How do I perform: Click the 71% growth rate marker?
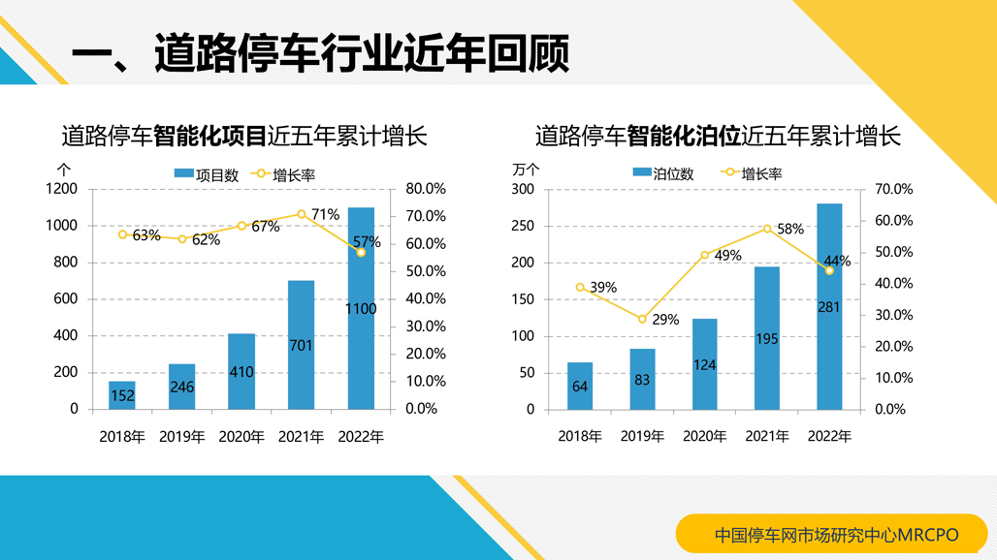pyautogui.click(x=302, y=214)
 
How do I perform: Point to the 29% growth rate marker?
pyautogui.click(x=642, y=319)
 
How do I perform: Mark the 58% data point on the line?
pyautogui.click(x=767, y=229)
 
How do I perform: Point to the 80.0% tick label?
pyautogui.click(x=425, y=189)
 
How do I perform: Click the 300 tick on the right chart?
pyautogui.click(x=523, y=189)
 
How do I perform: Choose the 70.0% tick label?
pyautogui.click(x=893, y=189)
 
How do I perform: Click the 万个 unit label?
pyautogui.click(x=525, y=169)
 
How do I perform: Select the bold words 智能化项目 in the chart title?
pyautogui.click(x=209, y=136)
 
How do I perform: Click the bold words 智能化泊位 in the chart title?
pyautogui.click(x=683, y=136)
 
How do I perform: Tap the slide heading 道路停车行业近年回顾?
pyautogui.click(x=361, y=52)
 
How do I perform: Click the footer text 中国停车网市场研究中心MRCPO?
pyautogui.click(x=836, y=534)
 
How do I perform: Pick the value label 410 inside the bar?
pyautogui.click(x=241, y=372)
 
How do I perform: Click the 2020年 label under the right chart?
pyautogui.click(x=704, y=437)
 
